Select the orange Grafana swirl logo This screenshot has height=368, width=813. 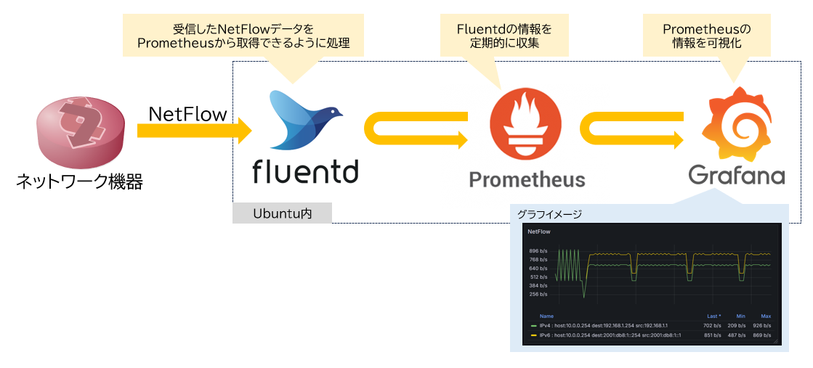point(735,124)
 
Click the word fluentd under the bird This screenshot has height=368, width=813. point(304,171)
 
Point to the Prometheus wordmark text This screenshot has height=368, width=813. point(526,179)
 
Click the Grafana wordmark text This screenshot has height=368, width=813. point(736,175)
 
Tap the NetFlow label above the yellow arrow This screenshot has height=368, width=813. point(187,114)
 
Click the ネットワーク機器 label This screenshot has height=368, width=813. point(79,181)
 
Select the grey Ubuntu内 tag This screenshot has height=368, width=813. point(282,213)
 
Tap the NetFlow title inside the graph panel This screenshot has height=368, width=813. point(539,232)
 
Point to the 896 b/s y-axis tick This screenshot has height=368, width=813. point(538,251)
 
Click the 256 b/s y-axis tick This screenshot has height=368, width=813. point(538,294)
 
